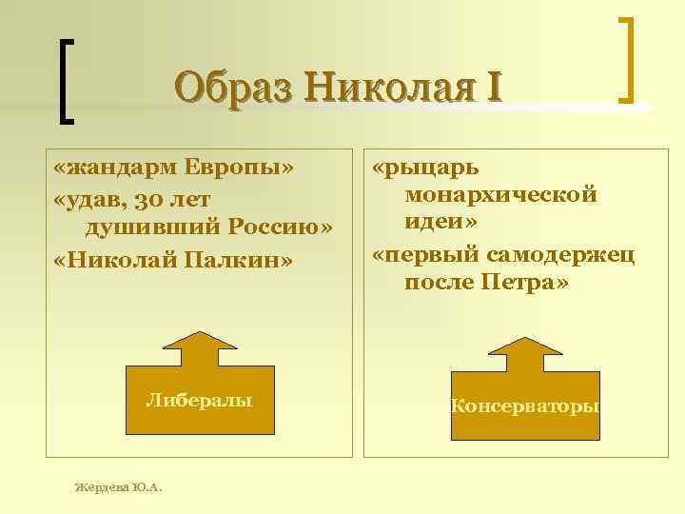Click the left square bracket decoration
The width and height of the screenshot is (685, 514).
64,80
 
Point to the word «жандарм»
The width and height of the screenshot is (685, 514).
117,168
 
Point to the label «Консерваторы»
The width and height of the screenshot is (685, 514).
525,406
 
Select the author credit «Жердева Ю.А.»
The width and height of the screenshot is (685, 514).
118,487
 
